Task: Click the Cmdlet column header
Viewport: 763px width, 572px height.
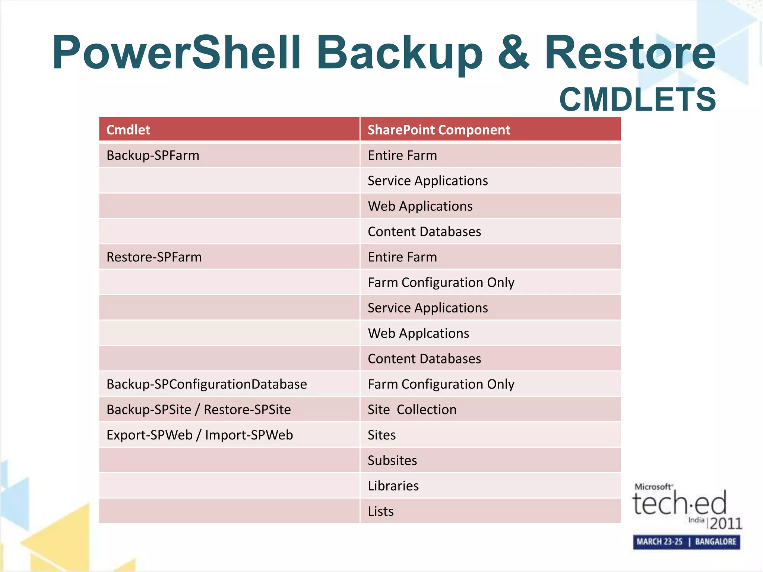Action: (x=128, y=130)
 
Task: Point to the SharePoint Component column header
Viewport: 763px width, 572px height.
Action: (x=439, y=130)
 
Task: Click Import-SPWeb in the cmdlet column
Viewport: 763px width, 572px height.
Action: (x=249, y=435)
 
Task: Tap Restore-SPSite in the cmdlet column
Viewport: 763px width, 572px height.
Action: (x=247, y=410)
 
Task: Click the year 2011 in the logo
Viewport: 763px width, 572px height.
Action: (x=726, y=523)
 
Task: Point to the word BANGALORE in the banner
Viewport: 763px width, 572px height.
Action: (x=715, y=541)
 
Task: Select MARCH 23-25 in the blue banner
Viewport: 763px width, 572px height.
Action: (x=659, y=541)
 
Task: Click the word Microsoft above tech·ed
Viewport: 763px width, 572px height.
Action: (x=653, y=487)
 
